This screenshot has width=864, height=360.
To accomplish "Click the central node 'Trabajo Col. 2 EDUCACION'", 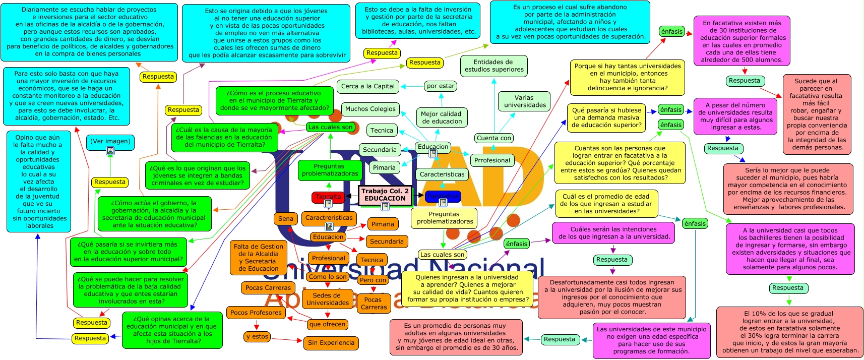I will click(385, 195).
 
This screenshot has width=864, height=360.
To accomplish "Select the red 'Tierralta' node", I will click(328, 197).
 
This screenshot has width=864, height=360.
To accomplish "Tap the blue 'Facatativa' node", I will click(443, 196).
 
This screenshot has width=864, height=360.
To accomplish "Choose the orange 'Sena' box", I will click(285, 218).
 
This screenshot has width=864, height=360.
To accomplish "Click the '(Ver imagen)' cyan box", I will click(110, 141).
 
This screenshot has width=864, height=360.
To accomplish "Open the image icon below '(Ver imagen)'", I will click(110, 151).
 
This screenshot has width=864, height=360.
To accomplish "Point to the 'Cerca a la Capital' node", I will click(367, 86).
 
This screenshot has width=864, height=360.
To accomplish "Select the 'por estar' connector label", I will click(441, 86).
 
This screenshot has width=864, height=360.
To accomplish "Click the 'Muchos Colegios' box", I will click(370, 109).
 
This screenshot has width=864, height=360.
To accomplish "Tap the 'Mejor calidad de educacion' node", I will click(442, 117).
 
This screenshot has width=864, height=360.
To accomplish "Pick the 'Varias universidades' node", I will click(525, 101).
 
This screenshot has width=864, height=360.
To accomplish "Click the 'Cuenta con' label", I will click(494, 138).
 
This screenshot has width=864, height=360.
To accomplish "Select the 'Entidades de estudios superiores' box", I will click(494, 66).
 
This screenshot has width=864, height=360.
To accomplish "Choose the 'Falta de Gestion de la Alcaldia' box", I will click(259, 257).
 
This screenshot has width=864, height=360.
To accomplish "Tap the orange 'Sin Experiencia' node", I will click(331, 343).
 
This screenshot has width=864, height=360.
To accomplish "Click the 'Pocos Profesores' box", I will click(256, 313).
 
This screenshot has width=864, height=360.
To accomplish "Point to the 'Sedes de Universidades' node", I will click(328, 299).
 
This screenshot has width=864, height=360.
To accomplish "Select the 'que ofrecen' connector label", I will click(327, 324).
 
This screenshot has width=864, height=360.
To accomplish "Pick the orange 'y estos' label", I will click(257, 336).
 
